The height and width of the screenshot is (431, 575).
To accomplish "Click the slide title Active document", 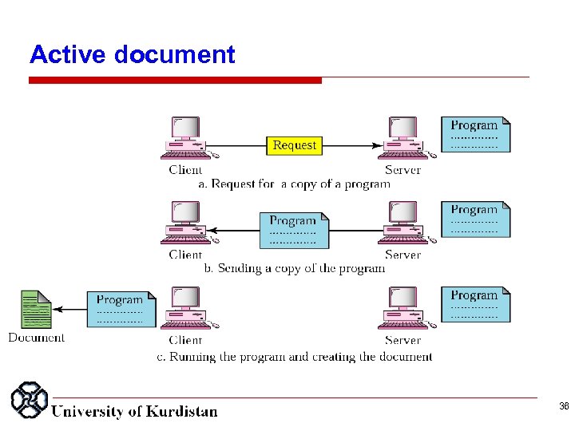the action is coord(132,54).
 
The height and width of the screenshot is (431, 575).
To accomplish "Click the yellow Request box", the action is coord(294,145).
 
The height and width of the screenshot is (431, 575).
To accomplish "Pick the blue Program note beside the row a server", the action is coord(475,134).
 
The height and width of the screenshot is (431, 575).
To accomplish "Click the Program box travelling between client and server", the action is coord(293,229).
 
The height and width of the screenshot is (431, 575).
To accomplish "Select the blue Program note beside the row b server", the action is coord(475,219).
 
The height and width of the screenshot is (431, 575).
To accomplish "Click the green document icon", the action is coord(35,309).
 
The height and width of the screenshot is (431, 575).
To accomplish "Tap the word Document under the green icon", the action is coord(37,338).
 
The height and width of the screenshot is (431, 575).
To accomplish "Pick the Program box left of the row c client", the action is coord(121,309).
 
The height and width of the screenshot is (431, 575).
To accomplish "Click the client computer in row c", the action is coord(185,309).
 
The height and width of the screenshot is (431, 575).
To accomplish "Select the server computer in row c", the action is coord(402,309).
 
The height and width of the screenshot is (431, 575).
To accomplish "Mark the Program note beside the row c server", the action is coord(475,304).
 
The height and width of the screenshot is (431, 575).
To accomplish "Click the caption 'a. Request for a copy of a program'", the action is coord(294,184).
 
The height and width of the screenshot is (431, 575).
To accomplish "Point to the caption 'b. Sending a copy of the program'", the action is coord(295,268).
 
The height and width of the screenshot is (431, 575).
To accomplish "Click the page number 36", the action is coord(564,407).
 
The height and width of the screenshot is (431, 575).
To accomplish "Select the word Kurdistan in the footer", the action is coord(180,412).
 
